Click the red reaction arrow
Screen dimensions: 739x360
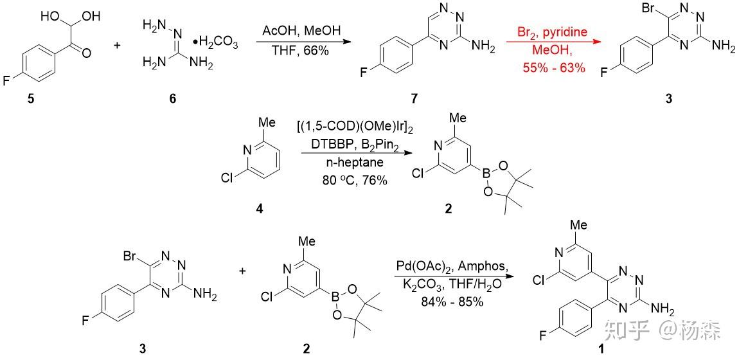554,42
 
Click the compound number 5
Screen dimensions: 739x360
31,99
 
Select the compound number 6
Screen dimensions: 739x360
172,99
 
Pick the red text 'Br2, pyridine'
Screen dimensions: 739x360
553,32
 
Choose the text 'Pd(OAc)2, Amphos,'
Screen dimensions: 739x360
452,267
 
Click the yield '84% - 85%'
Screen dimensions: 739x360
452,302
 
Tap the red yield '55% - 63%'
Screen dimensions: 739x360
554,68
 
